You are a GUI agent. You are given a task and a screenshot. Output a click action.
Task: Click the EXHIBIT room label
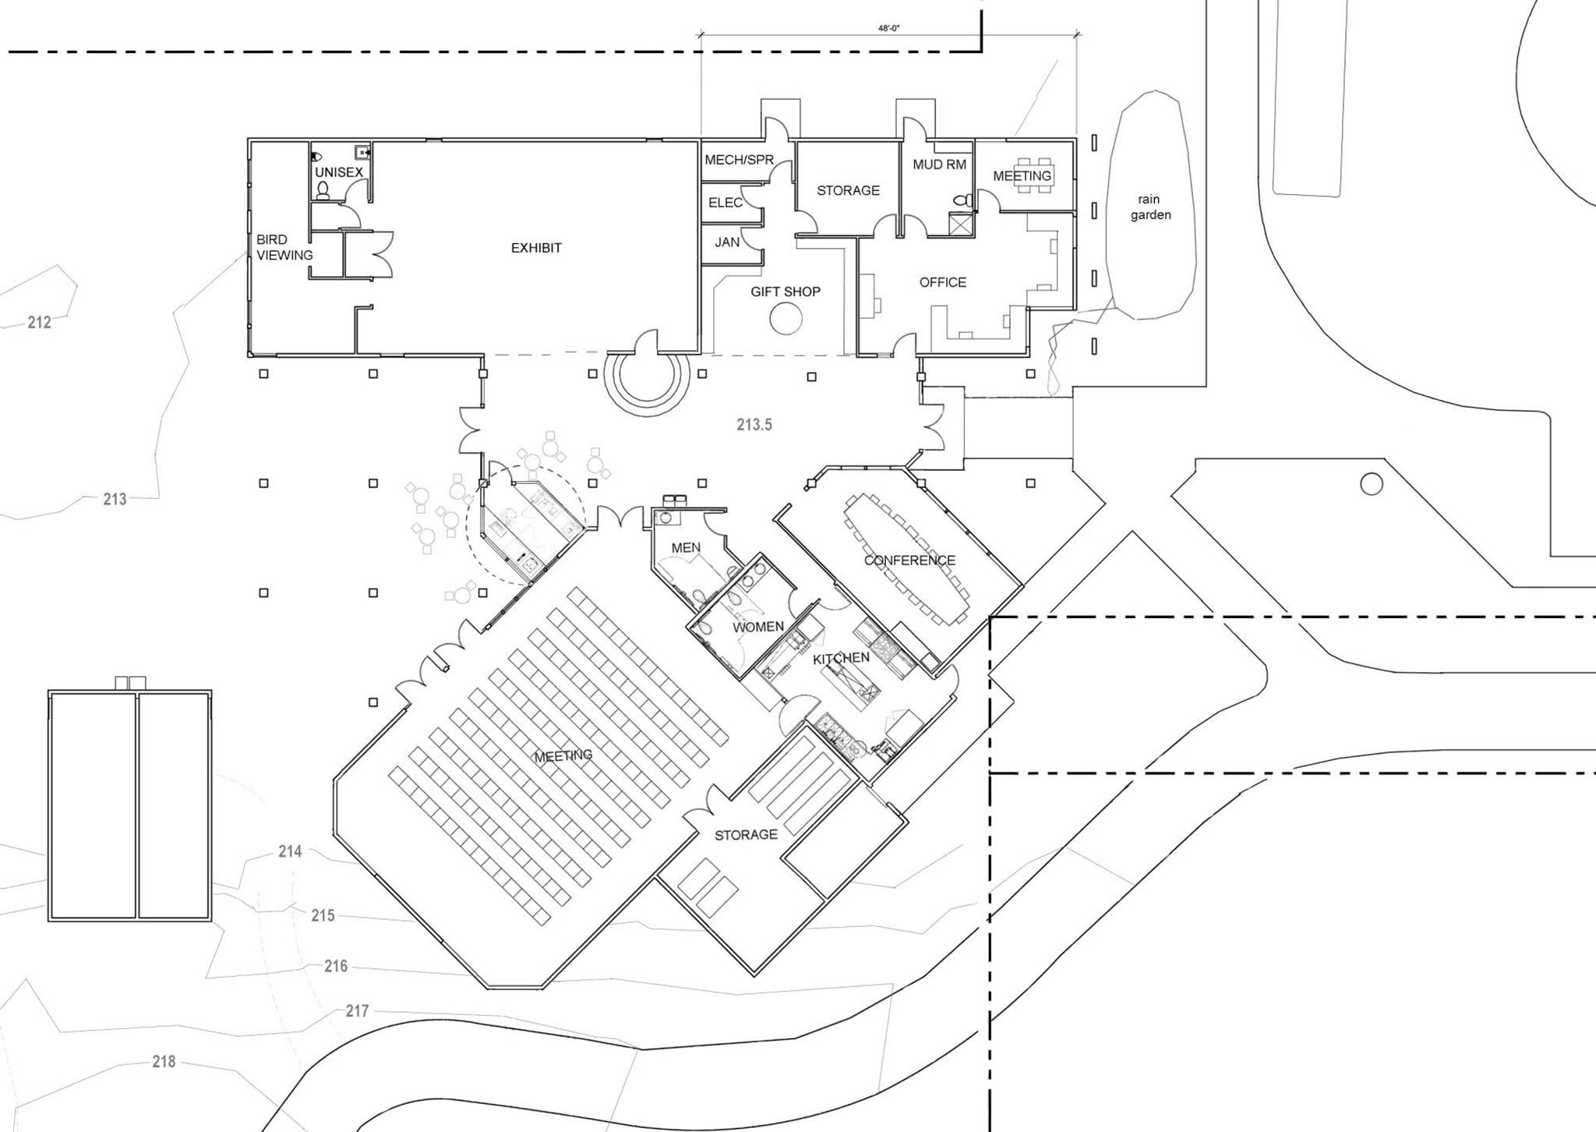(x=536, y=248)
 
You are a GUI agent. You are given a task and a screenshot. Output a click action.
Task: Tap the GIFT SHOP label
(x=786, y=292)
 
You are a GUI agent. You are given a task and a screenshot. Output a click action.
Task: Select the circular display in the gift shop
(x=786, y=318)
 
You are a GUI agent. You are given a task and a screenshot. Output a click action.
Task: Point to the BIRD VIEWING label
(x=284, y=247)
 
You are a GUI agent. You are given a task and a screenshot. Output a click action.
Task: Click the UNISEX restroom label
(x=339, y=172)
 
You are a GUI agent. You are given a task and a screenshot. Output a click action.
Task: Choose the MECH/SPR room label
(x=740, y=160)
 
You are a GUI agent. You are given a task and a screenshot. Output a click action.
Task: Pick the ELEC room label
(x=726, y=203)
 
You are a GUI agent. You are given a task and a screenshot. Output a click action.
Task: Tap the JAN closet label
(x=727, y=242)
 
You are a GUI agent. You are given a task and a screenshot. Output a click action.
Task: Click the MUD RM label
(x=940, y=164)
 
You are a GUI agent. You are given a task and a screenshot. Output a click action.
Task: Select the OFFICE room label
(x=943, y=282)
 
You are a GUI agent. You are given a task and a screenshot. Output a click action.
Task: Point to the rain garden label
(x=1150, y=207)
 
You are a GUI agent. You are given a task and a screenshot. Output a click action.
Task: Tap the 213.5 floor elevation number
(x=754, y=425)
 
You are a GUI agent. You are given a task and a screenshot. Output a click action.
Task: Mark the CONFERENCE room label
(x=909, y=561)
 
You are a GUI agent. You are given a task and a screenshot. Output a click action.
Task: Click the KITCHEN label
(x=842, y=659)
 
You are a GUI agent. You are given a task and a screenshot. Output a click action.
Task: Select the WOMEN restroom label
(x=758, y=627)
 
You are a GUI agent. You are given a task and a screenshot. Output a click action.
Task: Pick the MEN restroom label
(x=686, y=548)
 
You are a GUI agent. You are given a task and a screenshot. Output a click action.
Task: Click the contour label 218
(x=164, y=1061)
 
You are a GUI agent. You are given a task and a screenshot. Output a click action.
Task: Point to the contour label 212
(x=39, y=322)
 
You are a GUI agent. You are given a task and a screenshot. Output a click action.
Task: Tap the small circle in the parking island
(x=1372, y=485)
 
